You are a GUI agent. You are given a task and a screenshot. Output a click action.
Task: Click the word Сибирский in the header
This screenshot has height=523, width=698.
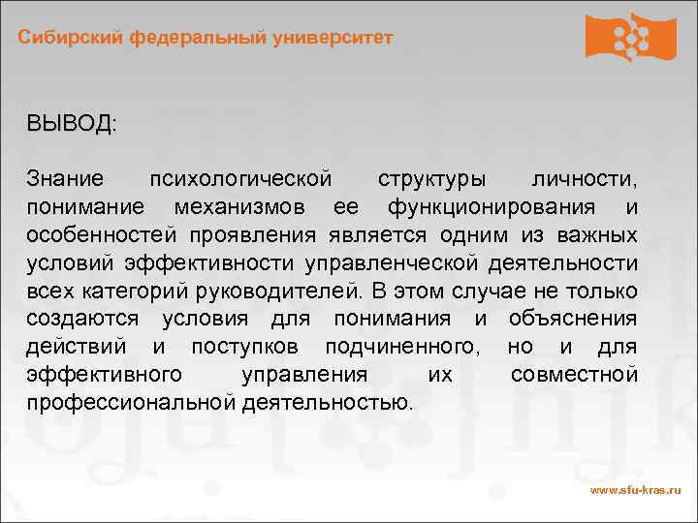(x=70, y=38)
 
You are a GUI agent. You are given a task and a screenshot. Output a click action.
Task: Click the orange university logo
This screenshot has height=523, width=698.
(x=631, y=37)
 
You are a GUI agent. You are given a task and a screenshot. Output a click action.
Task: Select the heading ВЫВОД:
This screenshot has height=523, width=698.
(x=72, y=124)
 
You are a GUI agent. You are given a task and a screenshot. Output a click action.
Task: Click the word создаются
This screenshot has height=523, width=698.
(x=82, y=319)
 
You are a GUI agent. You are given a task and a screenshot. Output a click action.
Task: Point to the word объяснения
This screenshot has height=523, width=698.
(x=573, y=319)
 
